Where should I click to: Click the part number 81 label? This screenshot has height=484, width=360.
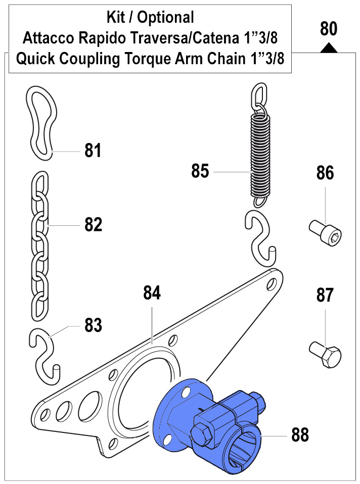(x=93, y=150)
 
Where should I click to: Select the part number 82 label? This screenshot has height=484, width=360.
(x=93, y=224)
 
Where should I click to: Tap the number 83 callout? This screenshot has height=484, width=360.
(x=93, y=325)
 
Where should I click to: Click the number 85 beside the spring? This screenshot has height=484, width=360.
(x=200, y=171)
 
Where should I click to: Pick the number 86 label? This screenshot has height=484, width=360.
(x=325, y=173)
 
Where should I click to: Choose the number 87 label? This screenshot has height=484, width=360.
(x=325, y=295)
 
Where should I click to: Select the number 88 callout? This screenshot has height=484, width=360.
(x=300, y=433)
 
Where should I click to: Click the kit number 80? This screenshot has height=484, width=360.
(x=328, y=29)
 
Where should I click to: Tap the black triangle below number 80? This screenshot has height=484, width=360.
(x=329, y=48)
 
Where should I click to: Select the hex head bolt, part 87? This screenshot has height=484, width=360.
(x=325, y=353)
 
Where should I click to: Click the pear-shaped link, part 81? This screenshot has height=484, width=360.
(x=42, y=121)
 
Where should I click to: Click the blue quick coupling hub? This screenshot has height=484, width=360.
(x=212, y=424)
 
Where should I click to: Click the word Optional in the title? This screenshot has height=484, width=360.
(x=165, y=18)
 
